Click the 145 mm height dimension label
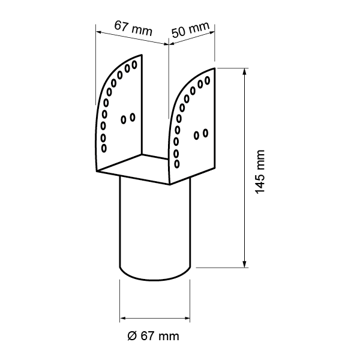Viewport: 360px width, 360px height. pos(260,172)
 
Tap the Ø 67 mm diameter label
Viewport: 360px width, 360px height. pos(153,336)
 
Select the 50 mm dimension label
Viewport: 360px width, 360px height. pos(190,29)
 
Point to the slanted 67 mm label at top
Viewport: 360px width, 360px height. pos(133,28)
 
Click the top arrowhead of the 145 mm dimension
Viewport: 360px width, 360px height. pos(245,71)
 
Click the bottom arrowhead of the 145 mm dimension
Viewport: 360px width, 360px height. pos(245,264)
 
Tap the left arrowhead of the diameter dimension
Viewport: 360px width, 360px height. pos(123,318)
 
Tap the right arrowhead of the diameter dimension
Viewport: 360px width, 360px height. pos(187,318)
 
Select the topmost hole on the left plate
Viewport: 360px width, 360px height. pos(134,65)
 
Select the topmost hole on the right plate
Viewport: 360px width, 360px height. pos(207,80)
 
